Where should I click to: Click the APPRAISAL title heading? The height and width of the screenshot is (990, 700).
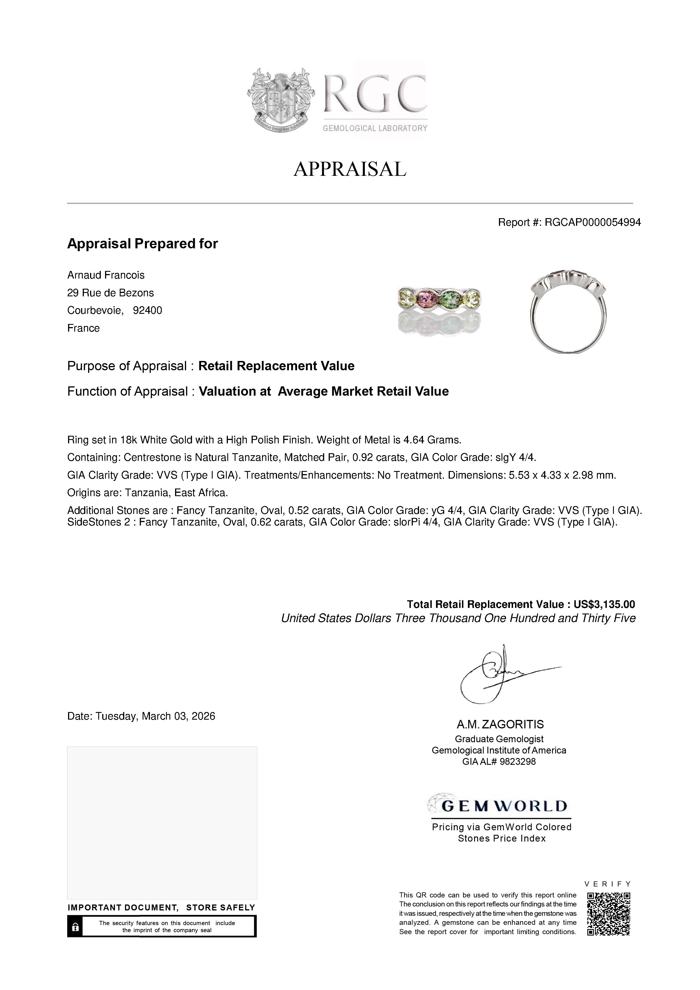[350, 169]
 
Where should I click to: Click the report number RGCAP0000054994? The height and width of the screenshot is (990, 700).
[593, 222]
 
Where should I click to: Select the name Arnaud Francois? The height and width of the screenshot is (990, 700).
[106, 275]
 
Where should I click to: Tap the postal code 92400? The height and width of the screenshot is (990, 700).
[147, 310]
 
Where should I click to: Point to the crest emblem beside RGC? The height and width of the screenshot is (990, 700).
[281, 100]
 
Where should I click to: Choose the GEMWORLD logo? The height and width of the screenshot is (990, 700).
[500, 806]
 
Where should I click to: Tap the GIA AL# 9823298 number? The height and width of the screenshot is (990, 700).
[499, 761]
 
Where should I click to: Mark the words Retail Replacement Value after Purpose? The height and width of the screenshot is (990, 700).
[276, 366]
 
